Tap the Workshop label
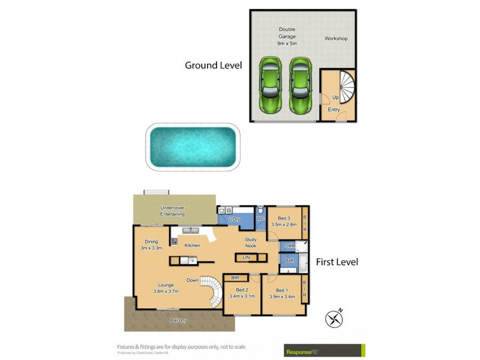(x=336, y=39)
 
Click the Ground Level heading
(x=213, y=65)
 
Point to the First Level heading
(x=337, y=262)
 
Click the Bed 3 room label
(x=284, y=221)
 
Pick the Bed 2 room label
(x=241, y=293)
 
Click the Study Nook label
(x=251, y=243)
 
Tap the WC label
(x=261, y=220)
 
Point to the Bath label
(x=289, y=260)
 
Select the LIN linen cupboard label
(x=246, y=257)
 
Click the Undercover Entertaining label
(x=172, y=211)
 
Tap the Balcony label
(x=178, y=320)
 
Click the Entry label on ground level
(x=334, y=110)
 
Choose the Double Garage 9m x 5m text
(x=287, y=36)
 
